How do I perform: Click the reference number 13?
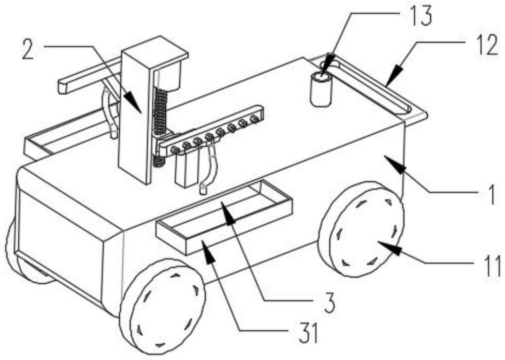coord(419,16)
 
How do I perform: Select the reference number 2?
coord(28,48)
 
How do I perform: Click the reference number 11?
coord(491,266)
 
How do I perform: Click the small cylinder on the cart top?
coord(321,89)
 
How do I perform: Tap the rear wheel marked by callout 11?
coord(361,229)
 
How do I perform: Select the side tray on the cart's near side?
coord(225,217)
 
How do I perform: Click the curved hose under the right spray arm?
coord(210,168)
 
